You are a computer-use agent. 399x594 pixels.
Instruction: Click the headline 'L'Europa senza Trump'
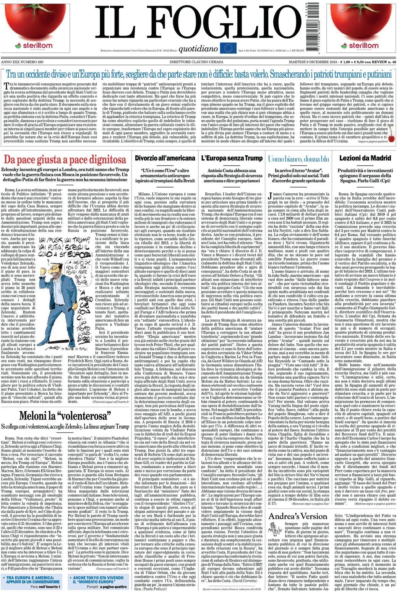(x=232, y=158)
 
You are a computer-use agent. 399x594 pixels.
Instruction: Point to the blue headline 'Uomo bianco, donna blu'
(x=298, y=159)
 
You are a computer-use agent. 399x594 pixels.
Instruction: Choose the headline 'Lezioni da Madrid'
(x=365, y=158)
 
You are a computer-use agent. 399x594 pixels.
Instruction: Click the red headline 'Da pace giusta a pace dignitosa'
(x=65, y=159)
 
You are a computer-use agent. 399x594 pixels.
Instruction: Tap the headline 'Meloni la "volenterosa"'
(x=65, y=415)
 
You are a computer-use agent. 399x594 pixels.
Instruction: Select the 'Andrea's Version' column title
(x=298, y=516)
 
